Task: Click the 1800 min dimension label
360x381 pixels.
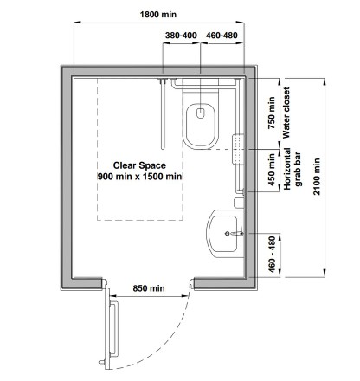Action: point(158,15)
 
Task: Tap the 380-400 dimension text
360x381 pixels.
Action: point(181,36)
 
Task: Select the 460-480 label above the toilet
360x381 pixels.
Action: point(222,36)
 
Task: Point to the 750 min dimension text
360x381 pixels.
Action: point(272,113)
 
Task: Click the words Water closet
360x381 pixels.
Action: point(286,113)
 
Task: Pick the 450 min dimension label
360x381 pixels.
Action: point(272,170)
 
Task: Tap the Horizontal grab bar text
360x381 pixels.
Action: point(292,169)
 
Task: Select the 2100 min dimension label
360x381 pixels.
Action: point(317,177)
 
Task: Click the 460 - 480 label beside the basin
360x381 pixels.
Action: point(272,255)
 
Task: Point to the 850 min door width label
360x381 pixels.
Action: point(149,288)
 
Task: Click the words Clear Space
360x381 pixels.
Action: point(139,165)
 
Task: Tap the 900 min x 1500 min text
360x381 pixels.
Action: point(139,177)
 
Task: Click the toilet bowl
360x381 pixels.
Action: point(201,126)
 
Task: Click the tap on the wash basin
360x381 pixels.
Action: point(235,233)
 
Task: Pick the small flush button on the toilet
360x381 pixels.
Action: point(201,113)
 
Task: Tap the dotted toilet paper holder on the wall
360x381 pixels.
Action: point(238,149)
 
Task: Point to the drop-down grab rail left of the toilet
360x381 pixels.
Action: point(163,114)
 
